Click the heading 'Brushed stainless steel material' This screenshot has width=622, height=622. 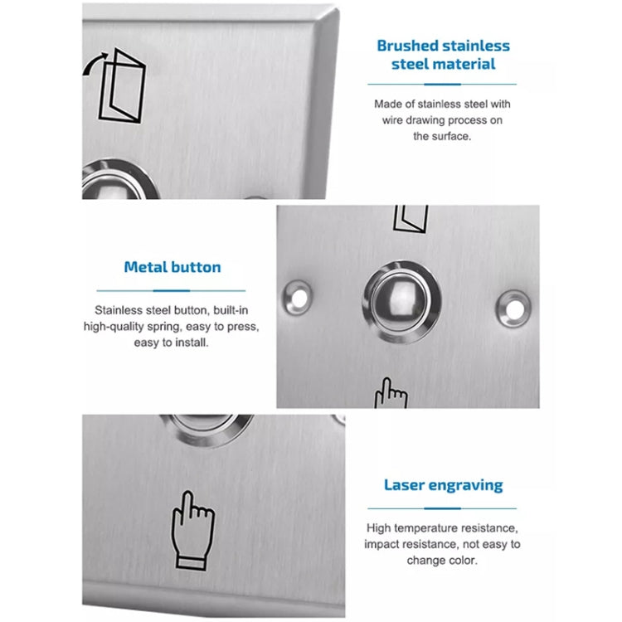point(443,55)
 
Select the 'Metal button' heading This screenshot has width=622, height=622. point(173,267)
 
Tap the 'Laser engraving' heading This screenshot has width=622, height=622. point(443,485)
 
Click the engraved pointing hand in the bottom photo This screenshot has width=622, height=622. point(192,530)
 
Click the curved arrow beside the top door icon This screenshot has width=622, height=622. point(92,67)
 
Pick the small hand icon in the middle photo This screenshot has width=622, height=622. point(391,393)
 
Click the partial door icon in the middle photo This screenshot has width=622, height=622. point(411,218)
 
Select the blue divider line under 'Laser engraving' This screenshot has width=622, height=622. point(443,508)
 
